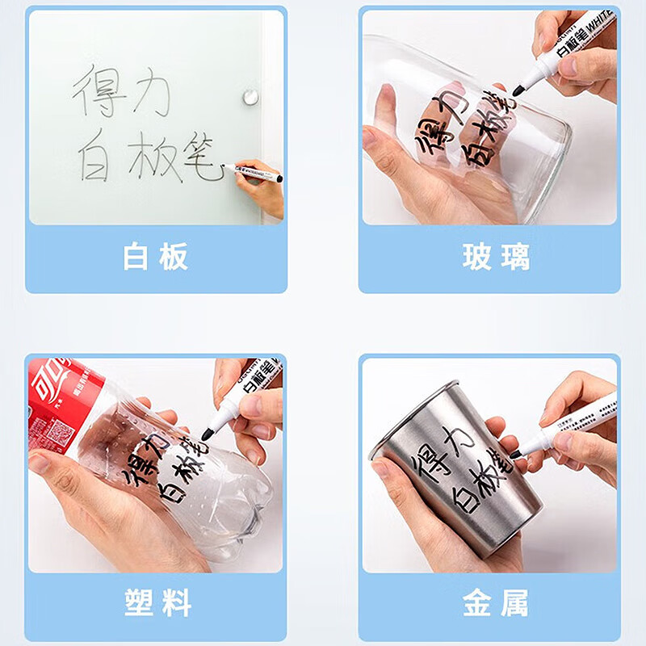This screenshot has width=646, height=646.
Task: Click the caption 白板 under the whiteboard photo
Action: click(x=156, y=257)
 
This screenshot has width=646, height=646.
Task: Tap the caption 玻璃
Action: click(x=497, y=257)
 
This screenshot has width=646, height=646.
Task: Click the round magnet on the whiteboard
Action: click(x=250, y=98)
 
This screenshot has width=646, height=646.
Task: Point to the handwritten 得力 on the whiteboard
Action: click(x=121, y=90)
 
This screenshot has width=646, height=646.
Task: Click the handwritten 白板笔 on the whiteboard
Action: click(x=149, y=156)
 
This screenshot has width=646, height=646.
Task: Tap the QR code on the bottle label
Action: click(x=58, y=435)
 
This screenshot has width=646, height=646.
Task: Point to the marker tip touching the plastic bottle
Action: click(x=207, y=434)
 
